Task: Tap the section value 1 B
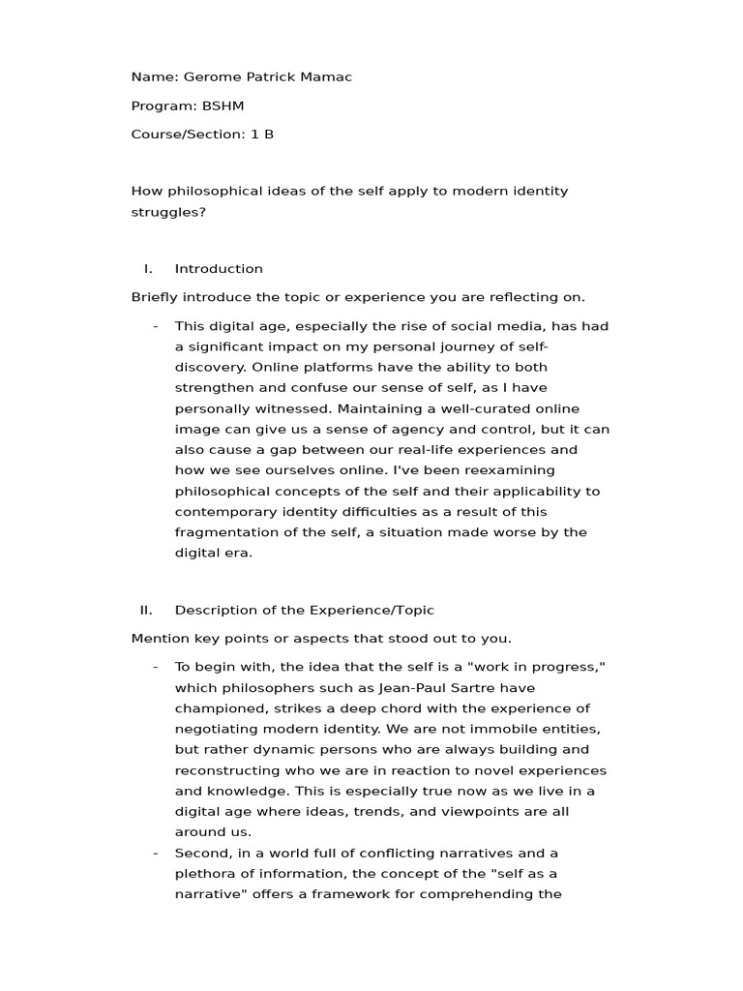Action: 262,135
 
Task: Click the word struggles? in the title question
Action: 168,211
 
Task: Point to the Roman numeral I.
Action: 147,269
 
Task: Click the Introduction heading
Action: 219,269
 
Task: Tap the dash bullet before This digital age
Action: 156,326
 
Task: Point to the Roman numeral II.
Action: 146,610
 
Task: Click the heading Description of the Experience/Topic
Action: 304,610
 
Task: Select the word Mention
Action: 159,639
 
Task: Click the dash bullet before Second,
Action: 156,853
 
